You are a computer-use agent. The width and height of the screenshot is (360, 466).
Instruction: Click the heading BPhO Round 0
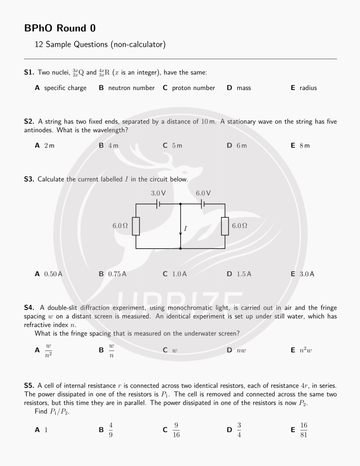[x=60, y=28]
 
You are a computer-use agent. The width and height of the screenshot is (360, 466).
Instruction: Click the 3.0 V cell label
[x=158, y=193]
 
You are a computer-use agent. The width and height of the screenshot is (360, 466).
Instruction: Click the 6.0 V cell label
[x=203, y=193]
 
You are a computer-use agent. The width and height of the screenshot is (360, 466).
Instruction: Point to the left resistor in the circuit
[x=136, y=226]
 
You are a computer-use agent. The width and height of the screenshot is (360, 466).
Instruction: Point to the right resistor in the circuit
[x=225, y=226]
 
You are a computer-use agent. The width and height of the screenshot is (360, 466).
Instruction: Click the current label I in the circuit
[x=185, y=229]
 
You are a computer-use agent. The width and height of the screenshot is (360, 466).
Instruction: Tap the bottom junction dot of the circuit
[x=180, y=248]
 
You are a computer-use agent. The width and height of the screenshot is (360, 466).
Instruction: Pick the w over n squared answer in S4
[x=48, y=350]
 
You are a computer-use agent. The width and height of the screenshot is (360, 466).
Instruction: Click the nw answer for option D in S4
[x=241, y=350]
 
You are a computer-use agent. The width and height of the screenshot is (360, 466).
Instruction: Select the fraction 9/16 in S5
[x=176, y=430]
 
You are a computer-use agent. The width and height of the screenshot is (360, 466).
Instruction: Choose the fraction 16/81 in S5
[x=304, y=430]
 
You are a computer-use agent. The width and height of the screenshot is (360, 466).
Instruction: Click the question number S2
[x=29, y=122]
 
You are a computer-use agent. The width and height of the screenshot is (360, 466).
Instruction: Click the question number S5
[x=29, y=386]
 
